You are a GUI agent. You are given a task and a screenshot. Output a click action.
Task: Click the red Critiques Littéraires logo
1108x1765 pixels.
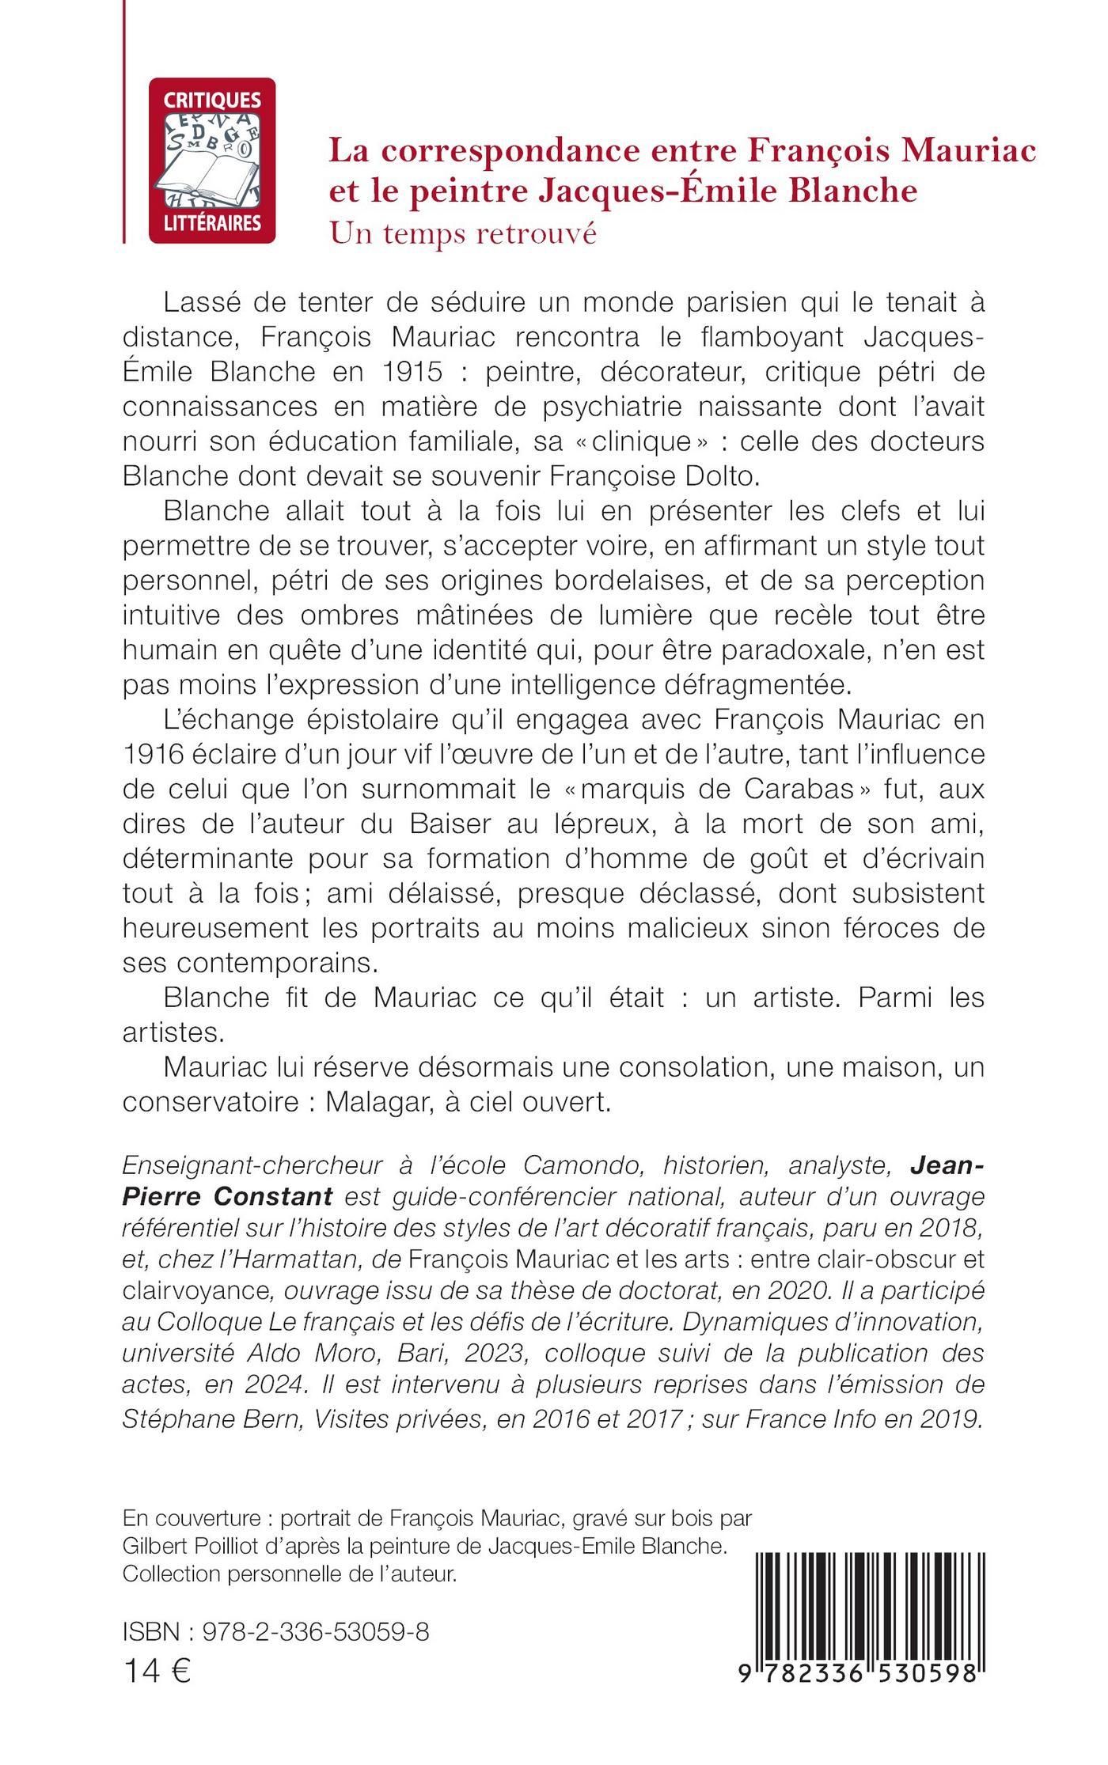click(x=212, y=160)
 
